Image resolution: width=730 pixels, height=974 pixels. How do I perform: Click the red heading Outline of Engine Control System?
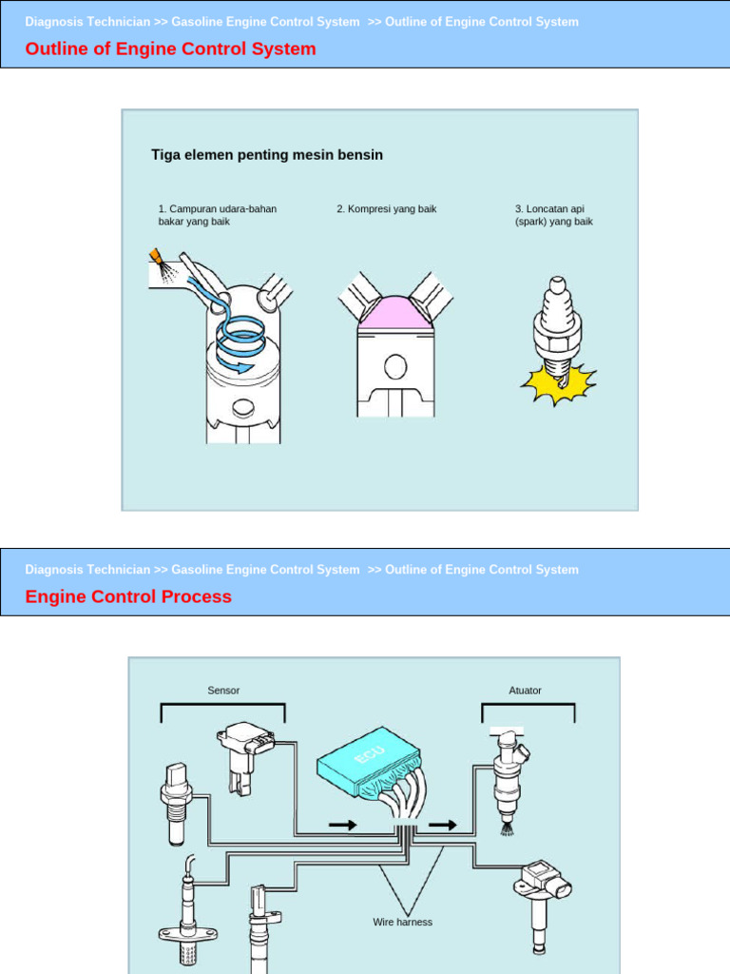pos(171,49)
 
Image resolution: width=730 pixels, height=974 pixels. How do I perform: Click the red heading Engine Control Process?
pos(128,596)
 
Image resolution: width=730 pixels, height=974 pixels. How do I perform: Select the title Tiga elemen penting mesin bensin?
pos(267,154)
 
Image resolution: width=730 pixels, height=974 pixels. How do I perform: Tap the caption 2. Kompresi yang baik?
pos(386,208)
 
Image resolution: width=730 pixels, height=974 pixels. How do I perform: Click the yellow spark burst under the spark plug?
pos(557,384)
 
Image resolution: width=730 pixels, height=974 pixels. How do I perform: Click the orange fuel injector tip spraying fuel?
pos(156,257)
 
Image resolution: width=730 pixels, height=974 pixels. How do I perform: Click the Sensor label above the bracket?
pos(223,691)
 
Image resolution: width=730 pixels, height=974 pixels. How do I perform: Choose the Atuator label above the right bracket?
pos(525,691)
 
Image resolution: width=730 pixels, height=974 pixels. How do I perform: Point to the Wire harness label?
pos(402,922)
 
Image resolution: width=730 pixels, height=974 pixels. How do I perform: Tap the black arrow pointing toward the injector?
pos(442,825)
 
